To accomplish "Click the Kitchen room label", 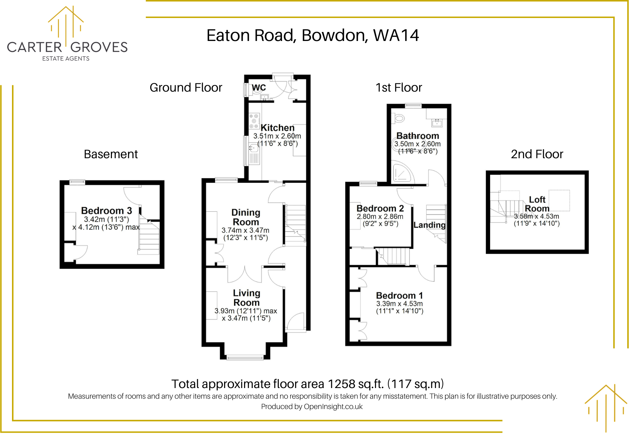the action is (277, 128).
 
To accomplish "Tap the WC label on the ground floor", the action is (259, 88).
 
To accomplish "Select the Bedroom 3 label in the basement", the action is (106, 211).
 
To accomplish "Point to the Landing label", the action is (429, 225).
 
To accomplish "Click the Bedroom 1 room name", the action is (399, 296).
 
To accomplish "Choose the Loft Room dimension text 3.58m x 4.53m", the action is (536, 216).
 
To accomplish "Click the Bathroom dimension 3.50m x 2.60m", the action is (417, 144).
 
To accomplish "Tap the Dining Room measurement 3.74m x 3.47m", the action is (245, 230).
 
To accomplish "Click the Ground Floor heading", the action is (186, 88).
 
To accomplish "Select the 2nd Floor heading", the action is (537, 154).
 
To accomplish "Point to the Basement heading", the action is (111, 154).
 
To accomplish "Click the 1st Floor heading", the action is (399, 88).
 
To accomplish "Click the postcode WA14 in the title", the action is (396, 35).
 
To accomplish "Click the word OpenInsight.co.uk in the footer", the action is (333, 407).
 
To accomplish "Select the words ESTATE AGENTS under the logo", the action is (66, 59).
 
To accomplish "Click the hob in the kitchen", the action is (254, 121).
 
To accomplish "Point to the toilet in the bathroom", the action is (399, 118).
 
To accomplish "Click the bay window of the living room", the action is (245, 358).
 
